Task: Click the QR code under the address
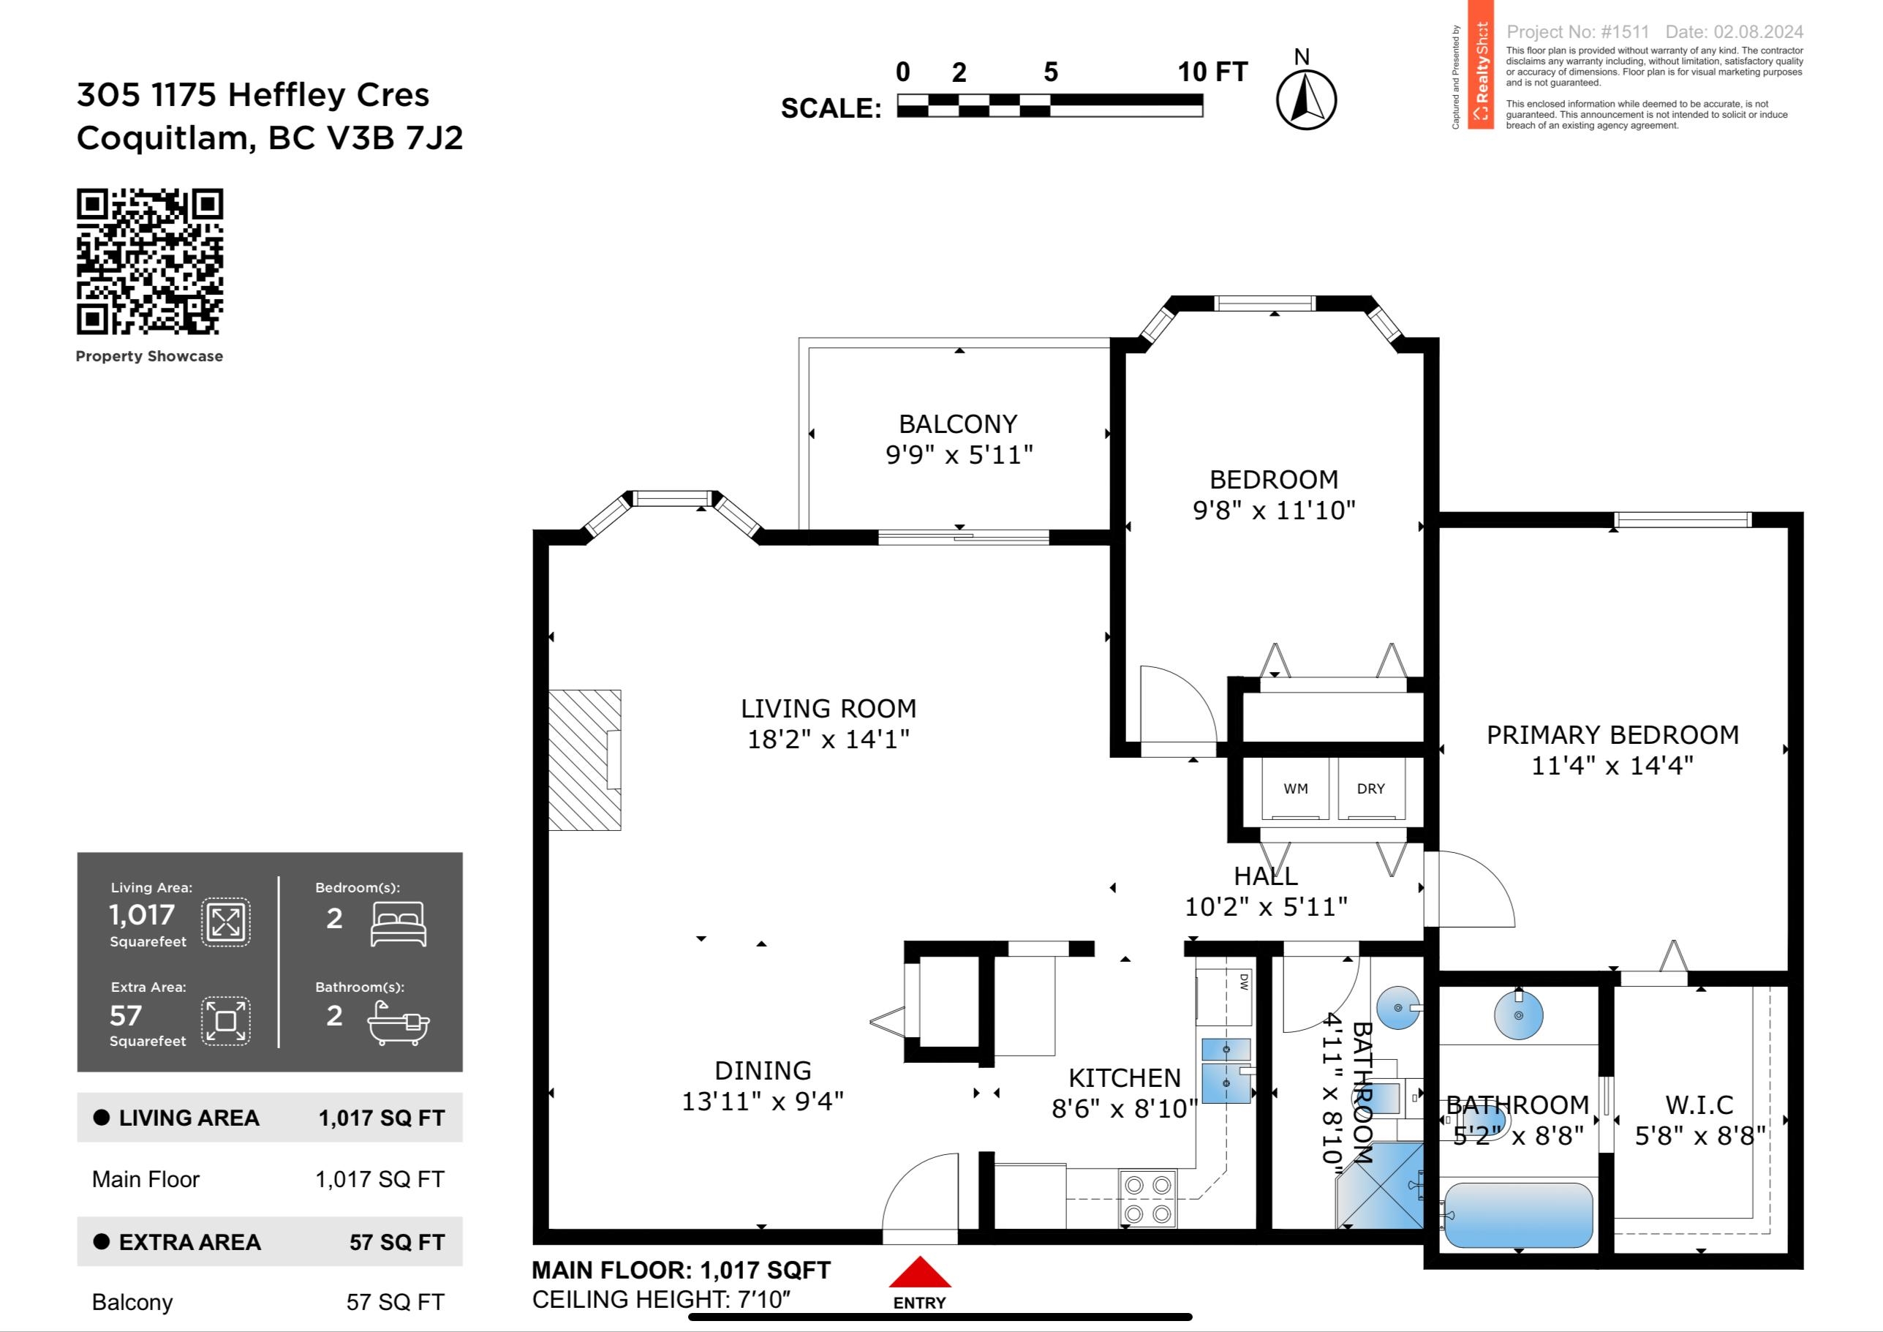150,262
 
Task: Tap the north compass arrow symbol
1305,99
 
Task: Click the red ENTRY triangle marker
919,1273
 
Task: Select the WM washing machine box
1296,789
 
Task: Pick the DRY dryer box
1370,789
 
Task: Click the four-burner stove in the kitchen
1147,1198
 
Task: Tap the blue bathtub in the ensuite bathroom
1517,1215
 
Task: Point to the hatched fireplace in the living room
584,759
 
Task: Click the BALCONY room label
958,424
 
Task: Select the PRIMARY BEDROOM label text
1612,735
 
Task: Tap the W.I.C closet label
1699,1105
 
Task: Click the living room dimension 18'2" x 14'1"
829,739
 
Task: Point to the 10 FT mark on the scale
1211,72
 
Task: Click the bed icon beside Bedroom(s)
399,925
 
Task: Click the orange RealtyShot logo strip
1480,65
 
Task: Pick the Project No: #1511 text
1577,32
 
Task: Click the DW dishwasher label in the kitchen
1243,981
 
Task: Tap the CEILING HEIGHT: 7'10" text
661,1300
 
